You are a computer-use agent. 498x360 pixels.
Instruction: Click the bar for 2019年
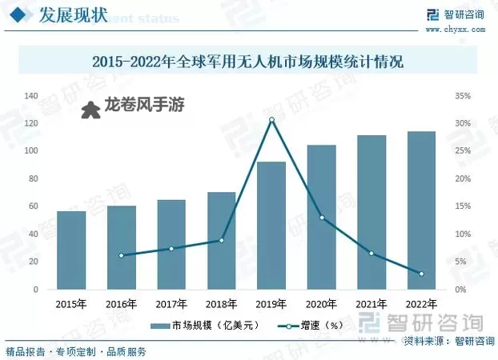tap(271, 225)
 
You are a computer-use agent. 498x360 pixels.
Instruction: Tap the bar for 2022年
tap(421, 210)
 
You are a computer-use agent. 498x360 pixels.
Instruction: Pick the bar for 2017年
tap(171, 244)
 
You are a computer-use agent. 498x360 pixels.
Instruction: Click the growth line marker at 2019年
tap(271, 120)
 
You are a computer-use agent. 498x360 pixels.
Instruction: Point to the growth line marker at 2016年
tap(122, 255)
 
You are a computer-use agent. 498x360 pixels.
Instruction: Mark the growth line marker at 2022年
tap(421, 274)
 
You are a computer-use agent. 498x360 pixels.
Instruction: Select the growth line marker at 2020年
tap(322, 218)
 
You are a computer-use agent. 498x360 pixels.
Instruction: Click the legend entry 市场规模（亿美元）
tap(195, 326)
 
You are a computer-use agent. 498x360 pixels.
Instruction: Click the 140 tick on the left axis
tap(32, 96)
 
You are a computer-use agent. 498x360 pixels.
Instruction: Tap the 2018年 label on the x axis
tap(222, 304)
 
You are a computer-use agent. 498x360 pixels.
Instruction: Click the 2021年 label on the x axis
tap(371, 304)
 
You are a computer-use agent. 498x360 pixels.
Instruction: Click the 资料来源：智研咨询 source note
tap(449, 342)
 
